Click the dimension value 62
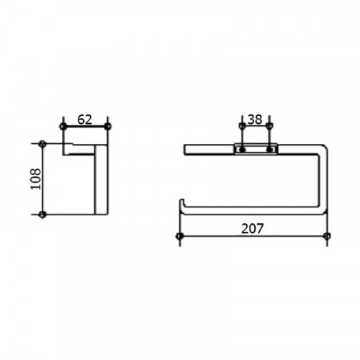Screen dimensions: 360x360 [85, 120]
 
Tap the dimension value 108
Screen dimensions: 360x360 [35, 179]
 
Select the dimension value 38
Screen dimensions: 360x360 [255, 120]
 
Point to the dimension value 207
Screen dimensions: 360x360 [252, 228]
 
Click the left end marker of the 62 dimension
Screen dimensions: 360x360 [63, 126]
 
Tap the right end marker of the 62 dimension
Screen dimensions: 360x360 [108, 126]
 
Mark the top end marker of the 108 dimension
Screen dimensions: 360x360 [42, 143]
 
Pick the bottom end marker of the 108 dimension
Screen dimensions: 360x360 [42, 214]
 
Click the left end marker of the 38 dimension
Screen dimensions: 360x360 [242, 125]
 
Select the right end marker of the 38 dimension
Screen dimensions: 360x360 [270, 125]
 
